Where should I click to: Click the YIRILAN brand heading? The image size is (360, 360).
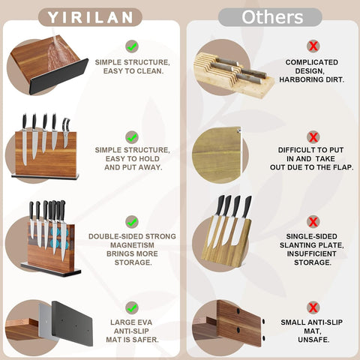coord(90,17)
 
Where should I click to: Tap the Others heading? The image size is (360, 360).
coord(272,17)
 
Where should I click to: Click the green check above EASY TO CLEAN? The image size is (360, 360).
coord(132,46)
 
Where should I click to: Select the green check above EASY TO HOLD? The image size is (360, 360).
coord(132,137)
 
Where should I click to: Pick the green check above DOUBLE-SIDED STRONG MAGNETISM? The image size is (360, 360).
coord(132,222)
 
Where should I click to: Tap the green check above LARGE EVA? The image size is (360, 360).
coord(132,307)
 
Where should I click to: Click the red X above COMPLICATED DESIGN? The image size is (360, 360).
coord(313,46)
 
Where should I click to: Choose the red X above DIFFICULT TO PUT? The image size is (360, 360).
coord(313,137)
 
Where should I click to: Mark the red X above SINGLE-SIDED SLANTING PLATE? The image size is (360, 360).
coord(313,222)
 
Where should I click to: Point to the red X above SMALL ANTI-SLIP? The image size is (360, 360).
coord(313,307)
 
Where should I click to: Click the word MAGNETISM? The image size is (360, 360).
coord(132,245)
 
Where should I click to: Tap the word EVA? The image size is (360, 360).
coord(145,322)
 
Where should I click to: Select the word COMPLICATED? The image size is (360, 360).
coord(312,62)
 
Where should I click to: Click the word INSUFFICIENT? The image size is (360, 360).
coord(312,253)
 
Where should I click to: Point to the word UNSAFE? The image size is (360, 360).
coord(313,340)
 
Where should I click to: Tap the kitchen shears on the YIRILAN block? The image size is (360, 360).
coord(66,133)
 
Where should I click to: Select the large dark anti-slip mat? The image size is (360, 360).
coord(72,324)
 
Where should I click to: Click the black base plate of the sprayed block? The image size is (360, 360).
coord(58,76)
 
